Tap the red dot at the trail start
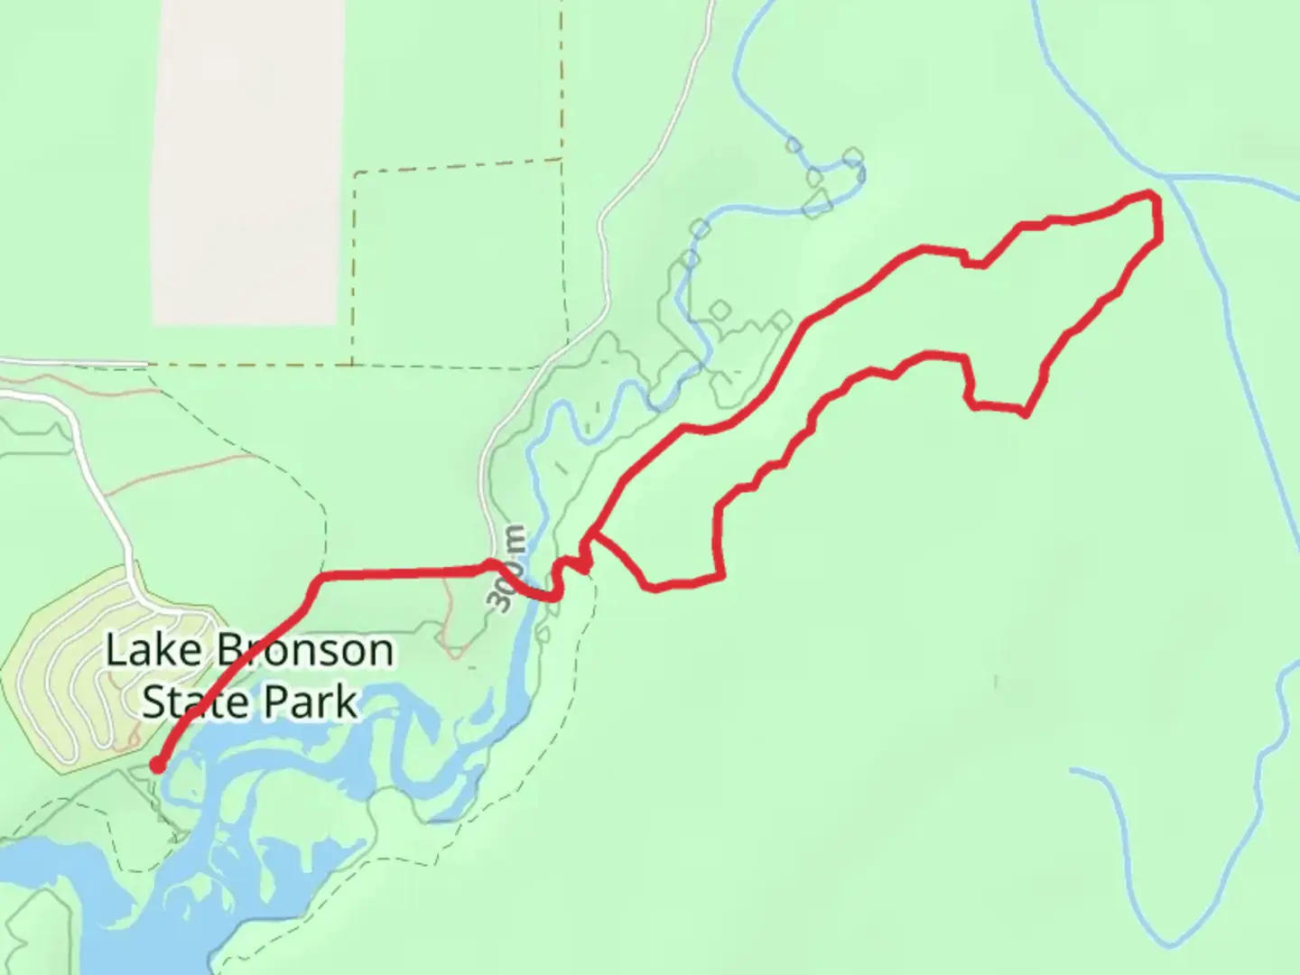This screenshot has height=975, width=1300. pos(157,766)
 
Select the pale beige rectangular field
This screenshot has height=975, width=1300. pos(249,162)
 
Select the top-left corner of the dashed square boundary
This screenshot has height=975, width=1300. pos(354,172)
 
